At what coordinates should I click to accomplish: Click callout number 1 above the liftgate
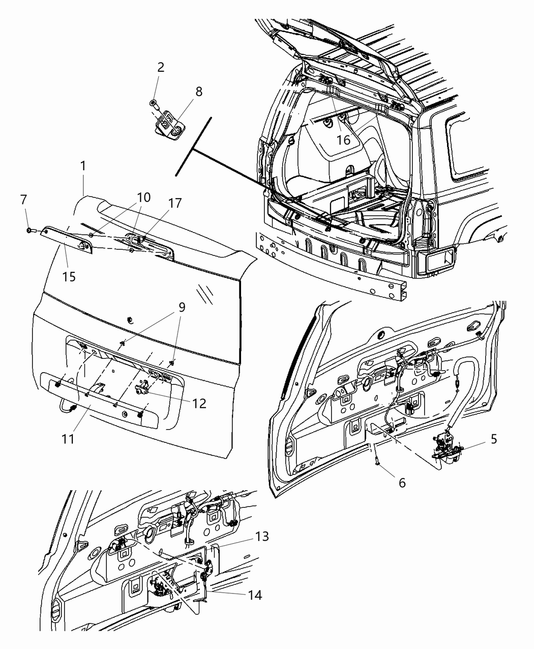(82, 166)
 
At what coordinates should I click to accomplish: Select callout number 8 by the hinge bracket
(198, 92)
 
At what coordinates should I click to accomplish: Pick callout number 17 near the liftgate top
(174, 204)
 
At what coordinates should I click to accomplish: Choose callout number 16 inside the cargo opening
(344, 139)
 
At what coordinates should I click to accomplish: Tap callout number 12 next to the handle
(199, 403)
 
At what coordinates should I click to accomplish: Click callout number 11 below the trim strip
(69, 438)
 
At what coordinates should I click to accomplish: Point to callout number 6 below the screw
(402, 483)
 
